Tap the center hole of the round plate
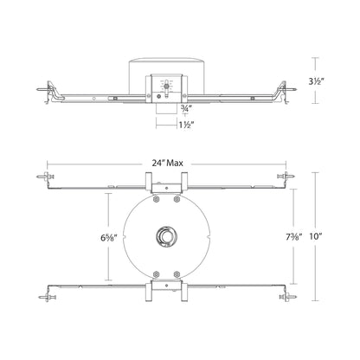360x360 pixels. click(164, 236)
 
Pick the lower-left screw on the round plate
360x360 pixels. click(154, 271)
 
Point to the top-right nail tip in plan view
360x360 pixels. click(290, 178)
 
